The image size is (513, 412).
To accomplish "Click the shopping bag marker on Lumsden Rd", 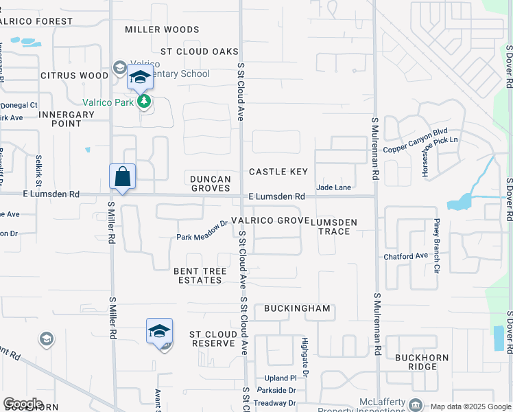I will (122, 177).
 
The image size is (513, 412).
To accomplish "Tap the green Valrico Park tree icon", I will (144, 102).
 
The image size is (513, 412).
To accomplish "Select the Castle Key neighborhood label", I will (278, 172).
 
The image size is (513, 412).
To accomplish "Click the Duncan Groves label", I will (211, 183).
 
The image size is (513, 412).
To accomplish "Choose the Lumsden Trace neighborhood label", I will (334, 227).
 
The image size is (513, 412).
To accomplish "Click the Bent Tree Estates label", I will (200, 275).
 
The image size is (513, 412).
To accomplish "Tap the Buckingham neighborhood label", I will (297, 308).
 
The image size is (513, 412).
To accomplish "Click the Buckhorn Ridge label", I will (421, 362).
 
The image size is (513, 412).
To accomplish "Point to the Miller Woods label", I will (163, 30).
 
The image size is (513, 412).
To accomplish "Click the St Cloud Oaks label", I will (200, 51).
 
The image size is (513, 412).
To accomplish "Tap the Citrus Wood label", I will (74, 76).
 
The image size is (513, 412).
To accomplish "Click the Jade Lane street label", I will (333, 187).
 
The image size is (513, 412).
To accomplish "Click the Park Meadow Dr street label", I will (202, 231).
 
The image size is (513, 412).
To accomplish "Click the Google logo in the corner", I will (23, 403).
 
